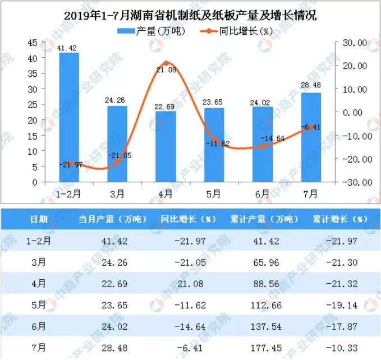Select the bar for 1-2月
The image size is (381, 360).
tap(69, 117)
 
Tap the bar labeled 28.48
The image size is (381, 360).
tap(311, 137)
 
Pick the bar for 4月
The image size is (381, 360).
tap(166, 146)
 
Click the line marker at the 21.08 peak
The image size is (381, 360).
tap(166, 63)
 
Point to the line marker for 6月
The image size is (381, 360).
tap(263, 146)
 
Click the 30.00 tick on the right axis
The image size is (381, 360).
tap(354, 42)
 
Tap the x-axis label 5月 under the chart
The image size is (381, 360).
tap(214, 194)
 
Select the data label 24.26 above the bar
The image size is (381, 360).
tap(117, 101)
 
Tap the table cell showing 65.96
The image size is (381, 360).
tap(264, 263)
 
